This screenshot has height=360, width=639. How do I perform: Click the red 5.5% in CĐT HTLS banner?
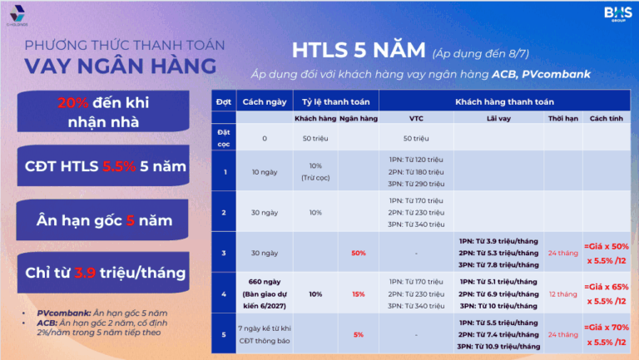(x=119, y=167)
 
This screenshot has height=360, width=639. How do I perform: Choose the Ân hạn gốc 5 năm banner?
(x=103, y=220)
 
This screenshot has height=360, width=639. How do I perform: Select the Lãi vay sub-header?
(x=498, y=118)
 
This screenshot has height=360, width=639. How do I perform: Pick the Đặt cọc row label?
(x=223, y=137)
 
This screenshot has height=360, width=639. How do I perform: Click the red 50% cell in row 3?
(x=359, y=252)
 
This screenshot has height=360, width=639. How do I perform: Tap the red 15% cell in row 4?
(x=359, y=293)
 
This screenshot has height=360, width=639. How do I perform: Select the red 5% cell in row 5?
(x=359, y=334)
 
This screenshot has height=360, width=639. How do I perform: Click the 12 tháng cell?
(x=562, y=293)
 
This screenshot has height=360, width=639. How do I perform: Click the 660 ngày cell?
(x=264, y=282)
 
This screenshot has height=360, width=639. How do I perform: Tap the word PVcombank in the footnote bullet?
(x=66, y=312)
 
